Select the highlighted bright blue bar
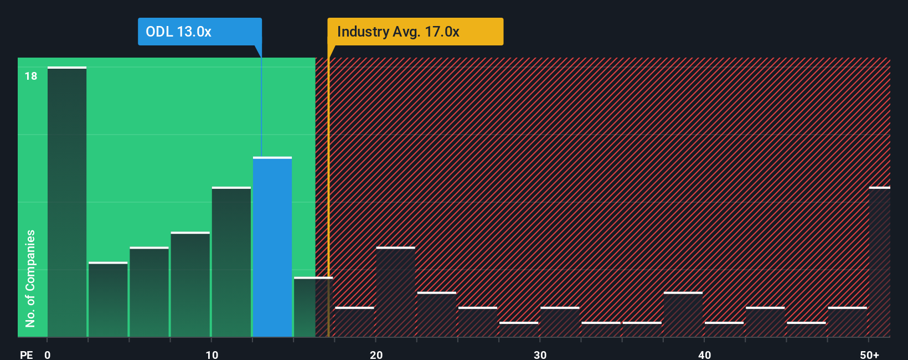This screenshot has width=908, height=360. pyautogui.click(x=272, y=247)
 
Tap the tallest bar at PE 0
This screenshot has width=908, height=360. pyautogui.click(x=67, y=202)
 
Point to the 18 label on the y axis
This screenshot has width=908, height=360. pyautogui.click(x=31, y=76)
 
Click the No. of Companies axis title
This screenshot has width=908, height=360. pyautogui.click(x=30, y=278)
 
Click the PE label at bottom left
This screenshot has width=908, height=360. pyautogui.click(x=26, y=354)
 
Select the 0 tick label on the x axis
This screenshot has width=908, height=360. pyautogui.click(x=48, y=354)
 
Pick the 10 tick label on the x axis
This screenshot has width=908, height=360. pyautogui.click(x=211, y=354)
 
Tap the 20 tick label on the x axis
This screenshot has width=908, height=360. pyautogui.click(x=376, y=354)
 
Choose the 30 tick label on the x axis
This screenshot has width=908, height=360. pyautogui.click(x=540, y=354)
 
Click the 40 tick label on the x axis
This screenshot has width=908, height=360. pyautogui.click(x=704, y=354)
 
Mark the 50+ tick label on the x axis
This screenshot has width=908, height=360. pyautogui.click(x=869, y=354)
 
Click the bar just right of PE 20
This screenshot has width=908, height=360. pyautogui.click(x=396, y=292)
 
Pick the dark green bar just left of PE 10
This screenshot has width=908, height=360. pyautogui.click(x=190, y=284)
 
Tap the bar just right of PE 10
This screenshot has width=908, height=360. pyautogui.click(x=231, y=262)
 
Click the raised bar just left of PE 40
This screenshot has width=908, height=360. pyautogui.click(x=683, y=315)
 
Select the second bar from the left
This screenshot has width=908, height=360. pyautogui.click(x=108, y=300)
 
